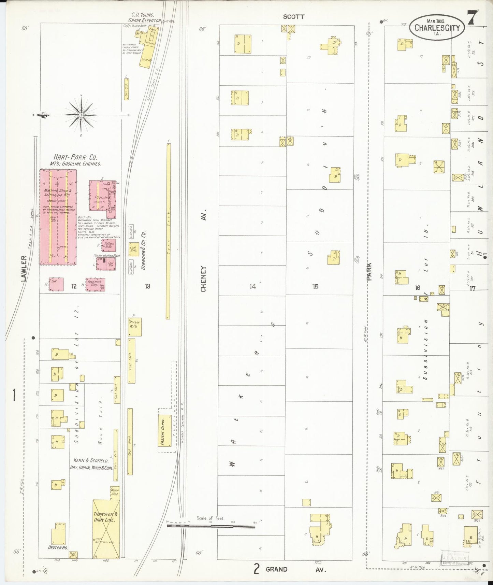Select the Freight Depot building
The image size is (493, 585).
tap(165, 431)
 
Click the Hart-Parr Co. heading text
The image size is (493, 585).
tap(75, 158)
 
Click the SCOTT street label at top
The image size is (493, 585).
tap(293, 17)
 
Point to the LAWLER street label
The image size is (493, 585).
tap(24, 269)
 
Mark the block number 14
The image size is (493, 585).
tap(252, 286)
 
